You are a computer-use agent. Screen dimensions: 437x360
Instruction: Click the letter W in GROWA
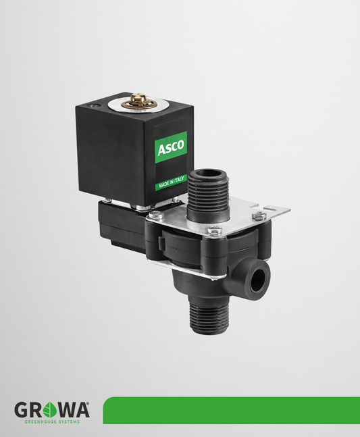tap(61, 409)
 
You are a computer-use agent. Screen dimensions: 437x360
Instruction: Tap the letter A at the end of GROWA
tap(78, 409)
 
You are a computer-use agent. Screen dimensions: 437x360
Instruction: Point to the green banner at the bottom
tap(230, 410)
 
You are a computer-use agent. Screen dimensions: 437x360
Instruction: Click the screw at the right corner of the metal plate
tap(259, 217)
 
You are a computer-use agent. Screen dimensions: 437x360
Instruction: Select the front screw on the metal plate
tap(215, 232)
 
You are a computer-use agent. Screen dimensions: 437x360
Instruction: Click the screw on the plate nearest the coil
tap(155, 215)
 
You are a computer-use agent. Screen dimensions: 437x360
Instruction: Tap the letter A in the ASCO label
tap(162, 149)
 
